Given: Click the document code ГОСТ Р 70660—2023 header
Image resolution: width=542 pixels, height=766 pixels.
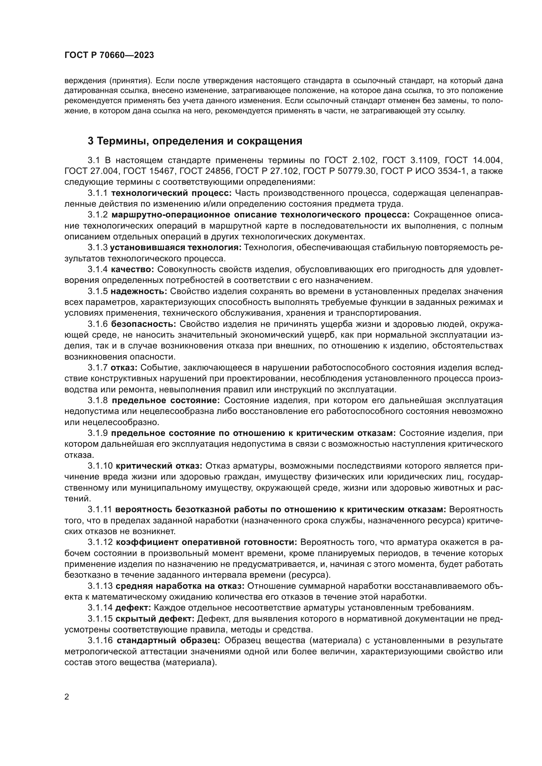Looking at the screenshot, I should [x=109, y=55].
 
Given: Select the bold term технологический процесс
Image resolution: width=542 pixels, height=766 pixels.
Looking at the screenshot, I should [x=171, y=193].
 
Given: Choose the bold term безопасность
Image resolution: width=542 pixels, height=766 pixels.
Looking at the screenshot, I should [x=144, y=324].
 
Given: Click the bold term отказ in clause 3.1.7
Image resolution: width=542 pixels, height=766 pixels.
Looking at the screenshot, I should [x=124, y=368].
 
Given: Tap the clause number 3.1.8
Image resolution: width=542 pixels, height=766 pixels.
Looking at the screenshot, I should [x=98, y=400].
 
